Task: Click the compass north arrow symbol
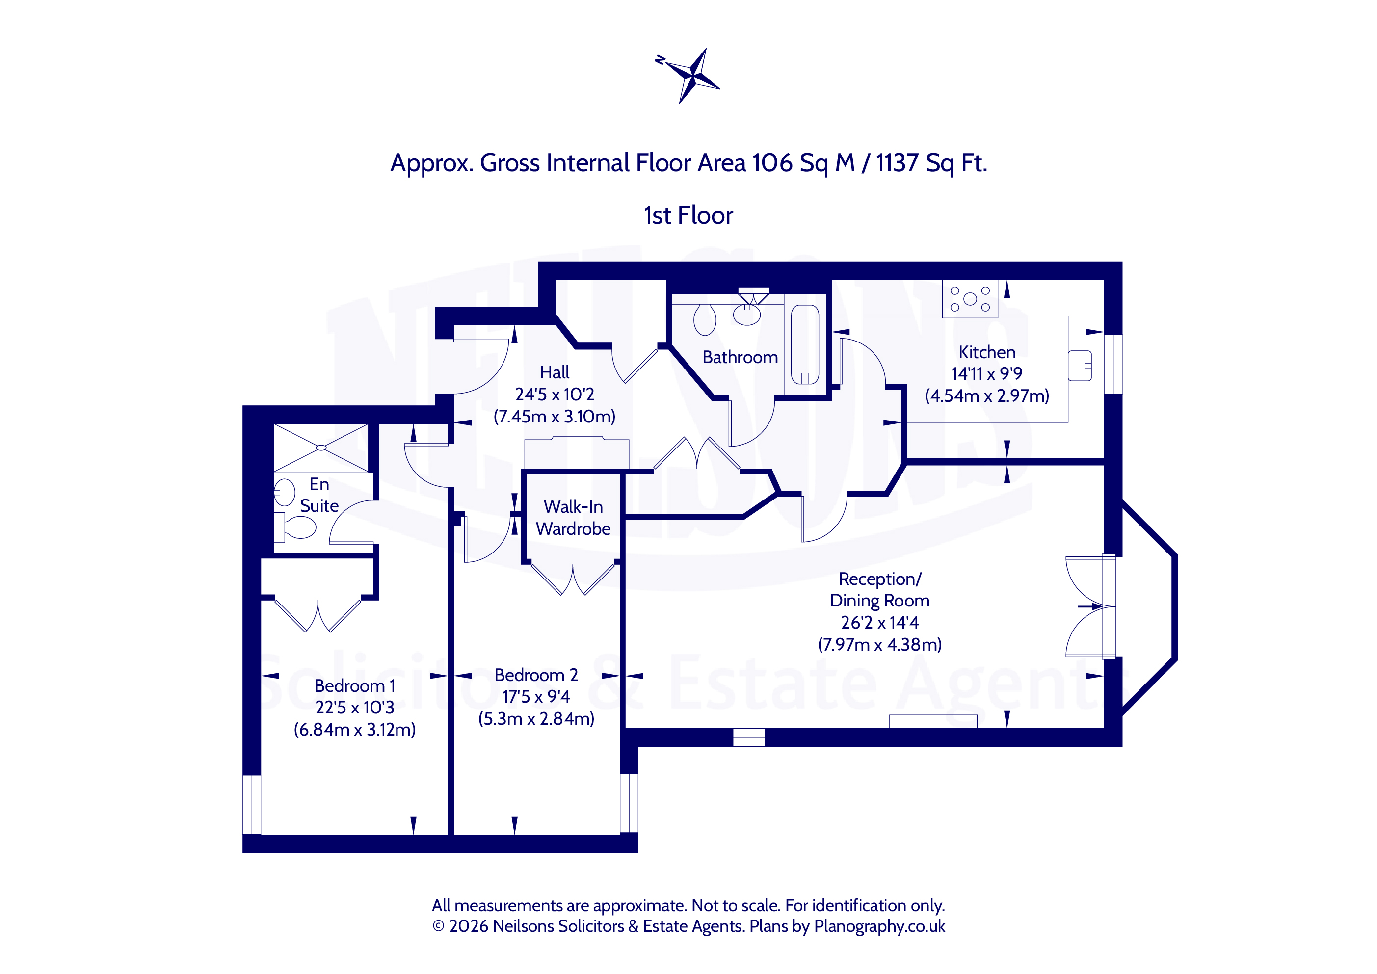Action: [x=689, y=76]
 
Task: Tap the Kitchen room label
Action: [x=986, y=352]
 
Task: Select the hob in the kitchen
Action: [x=970, y=299]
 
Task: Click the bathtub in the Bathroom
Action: [x=805, y=344]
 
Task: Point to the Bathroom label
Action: [x=740, y=357]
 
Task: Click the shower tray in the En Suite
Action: [x=321, y=448]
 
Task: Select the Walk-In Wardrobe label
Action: [x=573, y=518]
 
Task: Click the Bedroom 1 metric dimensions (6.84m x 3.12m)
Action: [x=354, y=729]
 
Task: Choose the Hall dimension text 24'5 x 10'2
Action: [x=554, y=394]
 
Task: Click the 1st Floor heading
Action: [x=688, y=215]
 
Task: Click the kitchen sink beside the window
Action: [x=1080, y=365]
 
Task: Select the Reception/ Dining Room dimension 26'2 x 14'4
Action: [x=879, y=623]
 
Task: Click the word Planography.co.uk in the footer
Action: [x=879, y=926]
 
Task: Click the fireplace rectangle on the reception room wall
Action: [x=933, y=721]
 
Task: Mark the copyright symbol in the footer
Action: [x=438, y=926]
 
